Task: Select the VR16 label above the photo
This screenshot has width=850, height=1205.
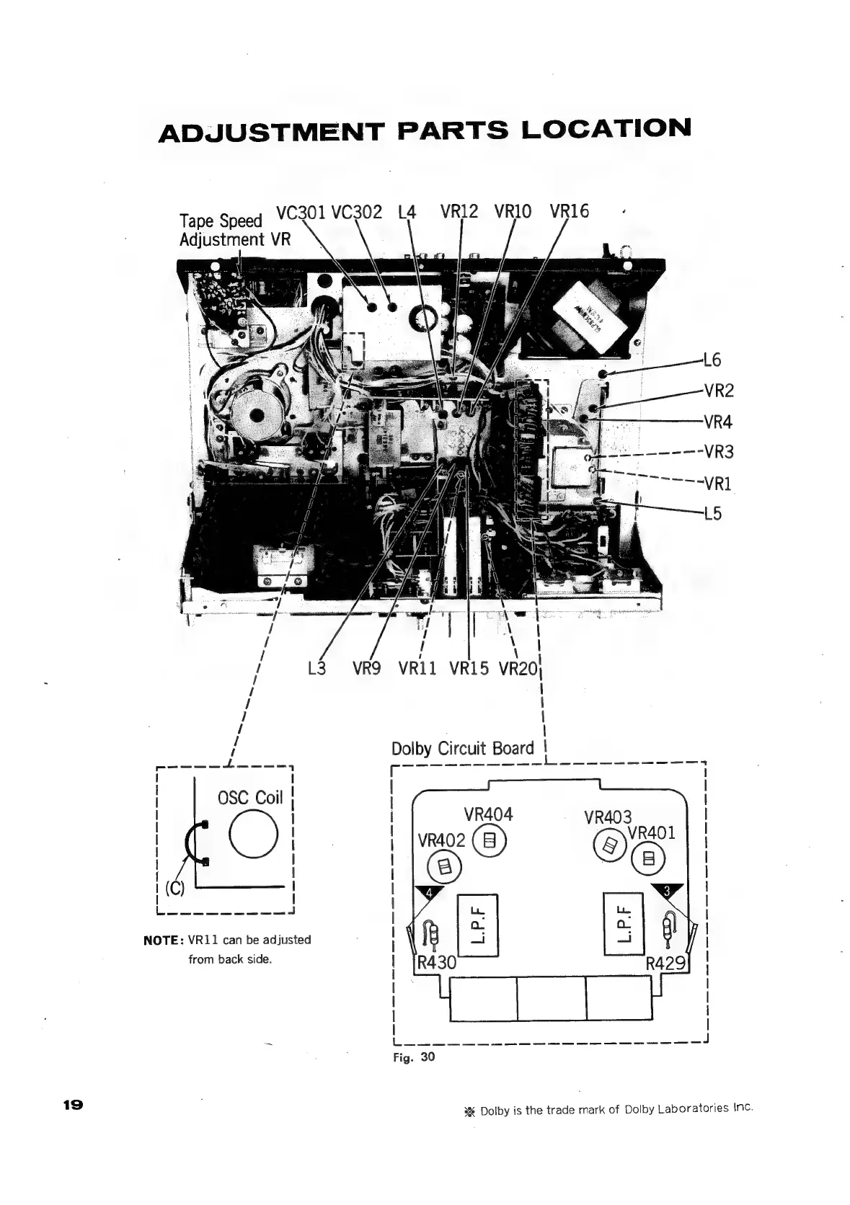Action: tap(569, 211)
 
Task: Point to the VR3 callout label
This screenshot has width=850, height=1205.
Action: tap(719, 452)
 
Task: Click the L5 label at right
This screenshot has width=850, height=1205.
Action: tap(712, 514)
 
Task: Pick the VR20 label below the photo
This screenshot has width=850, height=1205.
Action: tap(518, 669)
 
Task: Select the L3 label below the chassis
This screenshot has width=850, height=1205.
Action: tap(316, 669)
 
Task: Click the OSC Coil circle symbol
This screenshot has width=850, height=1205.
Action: tap(253, 835)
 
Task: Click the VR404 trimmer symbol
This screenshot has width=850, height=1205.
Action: tap(490, 840)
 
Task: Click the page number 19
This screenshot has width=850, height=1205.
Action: tap(74, 1104)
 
